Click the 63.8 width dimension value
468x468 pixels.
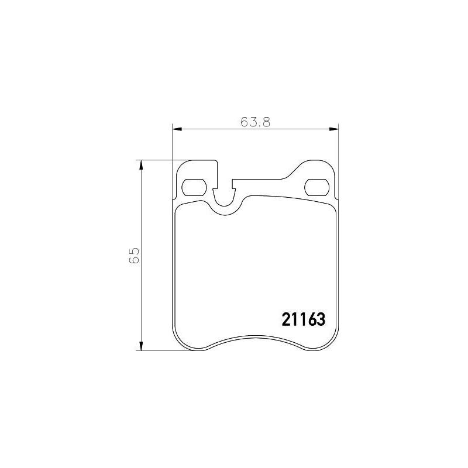click(x=254, y=122)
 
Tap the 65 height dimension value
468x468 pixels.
click(x=134, y=255)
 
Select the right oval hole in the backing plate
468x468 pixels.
click(x=317, y=187)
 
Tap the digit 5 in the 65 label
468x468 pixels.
click(x=134, y=250)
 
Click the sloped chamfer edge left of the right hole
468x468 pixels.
click(x=295, y=169)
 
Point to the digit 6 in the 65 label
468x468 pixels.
click(x=134, y=260)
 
